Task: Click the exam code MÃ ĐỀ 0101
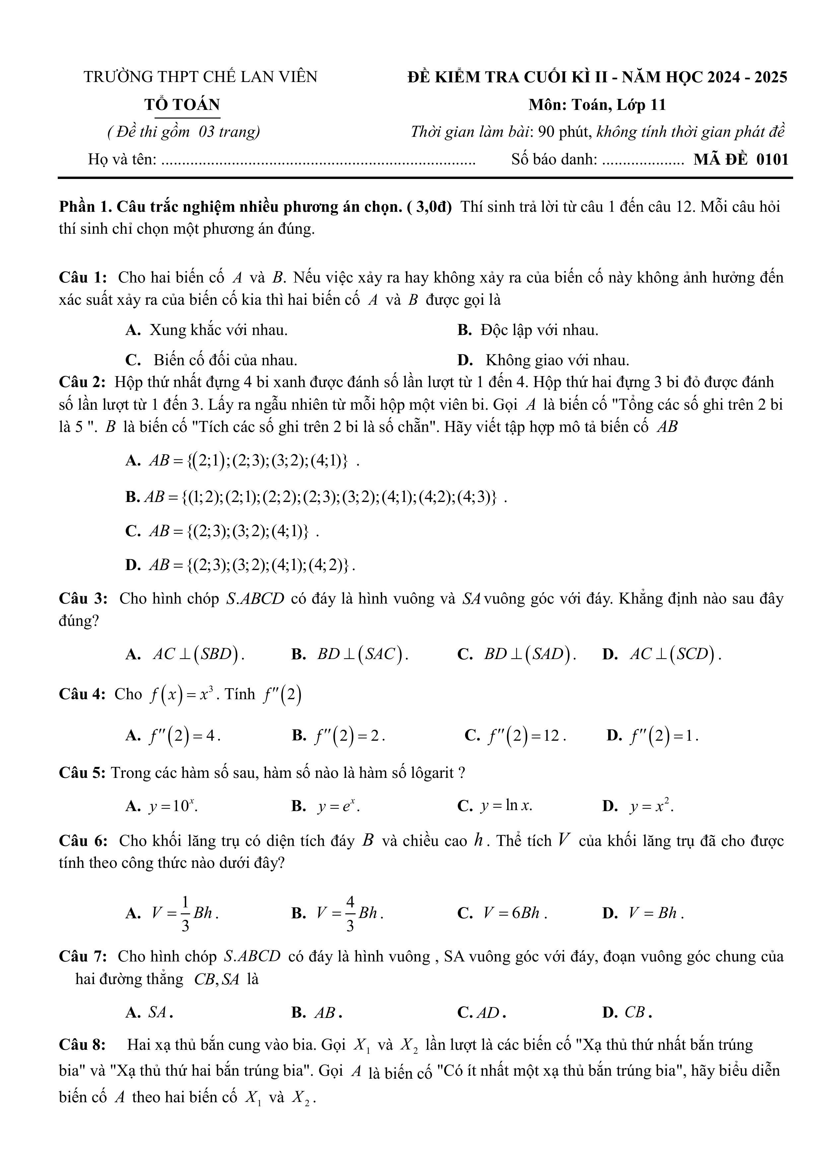tap(741, 159)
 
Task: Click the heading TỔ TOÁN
tap(182, 105)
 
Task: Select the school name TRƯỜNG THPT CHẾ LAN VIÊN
tap(200, 77)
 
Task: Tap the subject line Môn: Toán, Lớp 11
tap(597, 105)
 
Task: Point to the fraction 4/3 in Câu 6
tap(350, 913)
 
